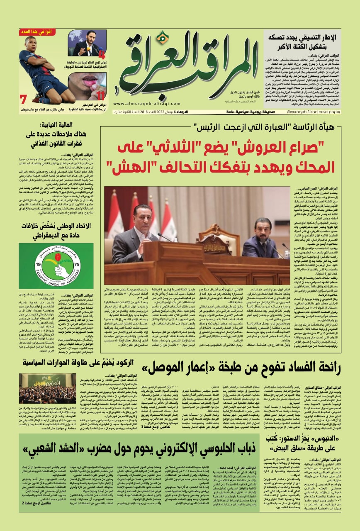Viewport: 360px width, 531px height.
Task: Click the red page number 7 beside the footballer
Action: click(x=23, y=100)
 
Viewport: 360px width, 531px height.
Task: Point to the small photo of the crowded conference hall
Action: click(x=48, y=388)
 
